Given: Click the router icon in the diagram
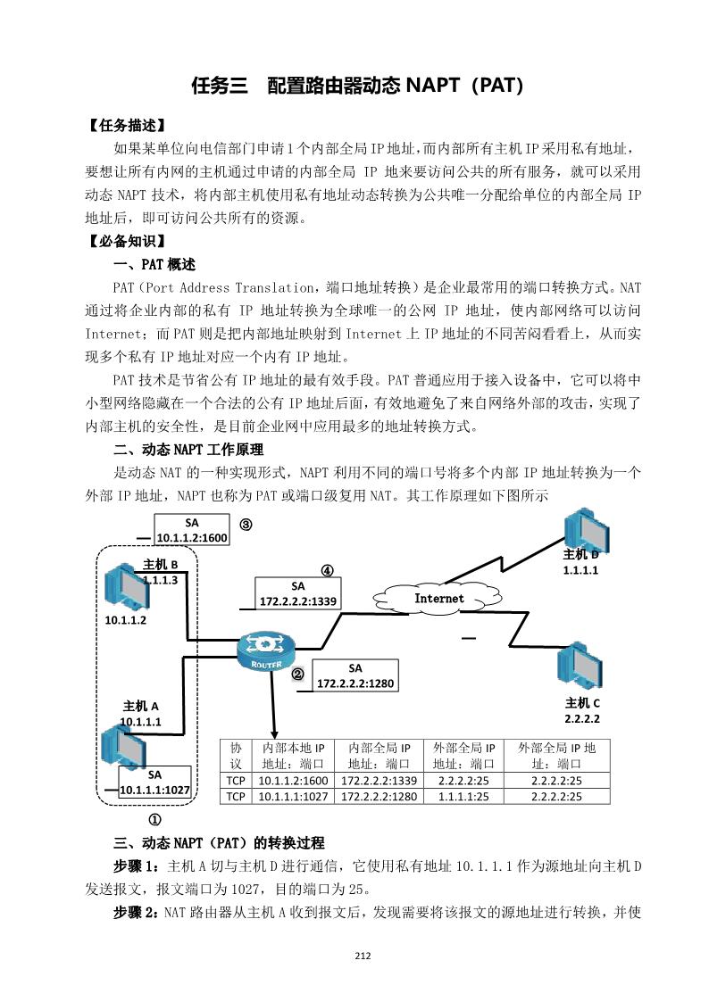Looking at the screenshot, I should [265, 651].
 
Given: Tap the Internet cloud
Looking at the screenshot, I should [438, 598].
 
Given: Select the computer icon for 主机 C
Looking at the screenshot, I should [579, 665].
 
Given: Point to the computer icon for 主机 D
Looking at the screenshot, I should [582, 532].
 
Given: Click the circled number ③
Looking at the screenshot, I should [246, 525].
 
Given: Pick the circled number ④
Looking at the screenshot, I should [328, 570].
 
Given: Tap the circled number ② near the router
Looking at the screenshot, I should [298, 675].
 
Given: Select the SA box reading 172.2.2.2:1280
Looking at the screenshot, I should [355, 675].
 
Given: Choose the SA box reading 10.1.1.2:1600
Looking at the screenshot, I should [192, 530].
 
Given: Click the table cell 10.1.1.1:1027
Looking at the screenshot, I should [291, 797].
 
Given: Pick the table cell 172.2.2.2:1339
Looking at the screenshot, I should [379, 781].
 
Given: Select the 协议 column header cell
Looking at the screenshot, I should [236, 755].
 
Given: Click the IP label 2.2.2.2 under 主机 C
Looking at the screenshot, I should [582, 718].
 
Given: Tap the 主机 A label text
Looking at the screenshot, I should [140, 707].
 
